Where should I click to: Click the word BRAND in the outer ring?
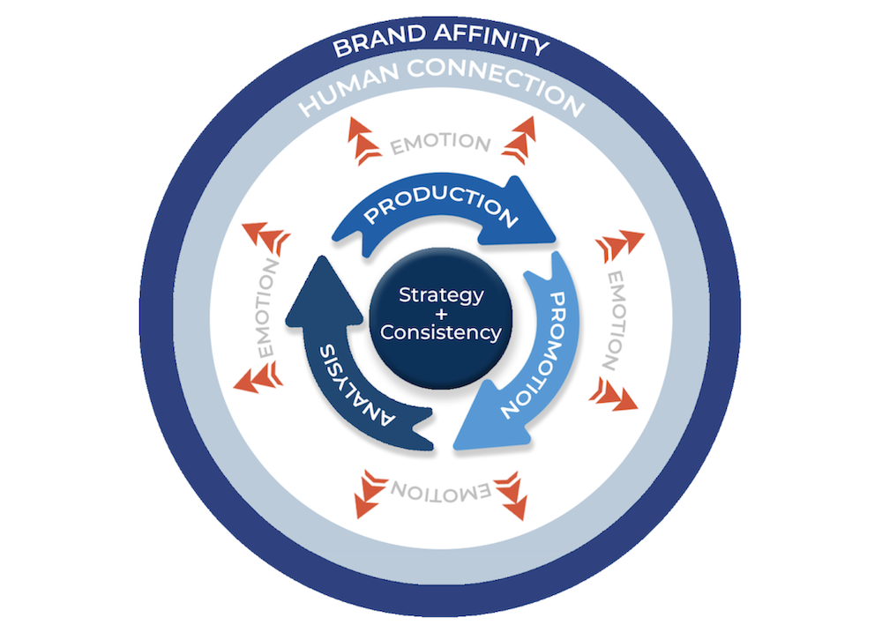click(x=378, y=41)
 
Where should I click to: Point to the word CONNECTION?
click(x=496, y=85)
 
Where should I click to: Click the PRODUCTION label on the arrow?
click(x=441, y=204)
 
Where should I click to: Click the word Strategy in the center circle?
click(x=441, y=295)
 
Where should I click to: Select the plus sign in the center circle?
click(x=441, y=315)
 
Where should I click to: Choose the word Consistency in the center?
click(x=441, y=332)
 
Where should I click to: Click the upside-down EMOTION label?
click(x=441, y=491)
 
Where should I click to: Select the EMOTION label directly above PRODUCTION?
click(x=441, y=143)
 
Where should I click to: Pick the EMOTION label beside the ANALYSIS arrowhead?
click(x=266, y=309)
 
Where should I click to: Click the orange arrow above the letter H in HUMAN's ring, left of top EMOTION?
click(x=363, y=140)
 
